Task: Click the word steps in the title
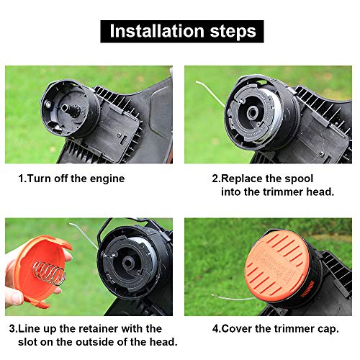click(x=233, y=32)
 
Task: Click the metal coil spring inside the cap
click(x=49, y=273)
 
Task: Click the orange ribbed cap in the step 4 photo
click(x=275, y=266)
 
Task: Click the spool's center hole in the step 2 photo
click(x=252, y=112)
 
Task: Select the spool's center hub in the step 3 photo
click(x=128, y=264)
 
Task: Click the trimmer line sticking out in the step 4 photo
click(x=233, y=297)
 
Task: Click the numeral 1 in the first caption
click(x=21, y=179)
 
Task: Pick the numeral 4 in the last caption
click(x=215, y=329)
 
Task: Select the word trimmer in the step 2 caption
click(x=283, y=192)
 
